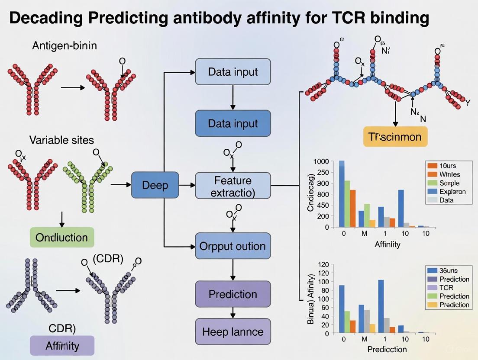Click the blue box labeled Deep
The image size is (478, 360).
[155, 185]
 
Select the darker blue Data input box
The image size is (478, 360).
[233, 123]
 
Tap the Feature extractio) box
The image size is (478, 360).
[233, 186]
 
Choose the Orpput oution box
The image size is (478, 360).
[233, 246]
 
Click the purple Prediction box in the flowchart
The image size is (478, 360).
[233, 294]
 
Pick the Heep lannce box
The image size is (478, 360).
[233, 332]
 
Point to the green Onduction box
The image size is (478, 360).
[61, 237]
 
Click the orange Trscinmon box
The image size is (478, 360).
[395, 137]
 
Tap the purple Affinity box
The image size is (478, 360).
[61, 346]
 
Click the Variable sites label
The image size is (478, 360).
[61, 140]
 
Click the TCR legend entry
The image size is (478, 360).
[446, 288]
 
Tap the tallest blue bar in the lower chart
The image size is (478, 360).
[381, 306]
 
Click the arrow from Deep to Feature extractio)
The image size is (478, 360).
[187, 185]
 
